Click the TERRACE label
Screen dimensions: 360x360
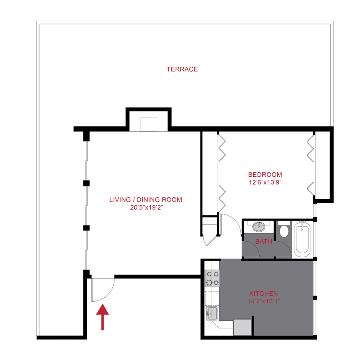coord(182,69)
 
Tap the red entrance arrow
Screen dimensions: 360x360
coord(103,317)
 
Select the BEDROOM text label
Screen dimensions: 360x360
coord(265,174)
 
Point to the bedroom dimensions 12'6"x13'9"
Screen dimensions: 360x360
coord(265,182)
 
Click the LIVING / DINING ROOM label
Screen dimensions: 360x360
coord(146,200)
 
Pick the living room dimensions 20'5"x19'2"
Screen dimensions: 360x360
coord(146,208)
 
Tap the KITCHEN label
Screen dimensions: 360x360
coord(263,294)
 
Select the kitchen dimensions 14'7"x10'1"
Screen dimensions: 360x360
coord(263,301)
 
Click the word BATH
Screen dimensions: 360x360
coord(264,242)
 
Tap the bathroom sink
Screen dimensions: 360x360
coord(259,227)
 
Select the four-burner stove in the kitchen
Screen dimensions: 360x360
coord(212,278)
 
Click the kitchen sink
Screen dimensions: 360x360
coord(211,313)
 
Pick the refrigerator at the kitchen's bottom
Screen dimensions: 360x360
coord(242,326)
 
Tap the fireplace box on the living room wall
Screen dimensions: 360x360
coord(149,124)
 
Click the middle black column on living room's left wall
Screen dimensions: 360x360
coord(86,183)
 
